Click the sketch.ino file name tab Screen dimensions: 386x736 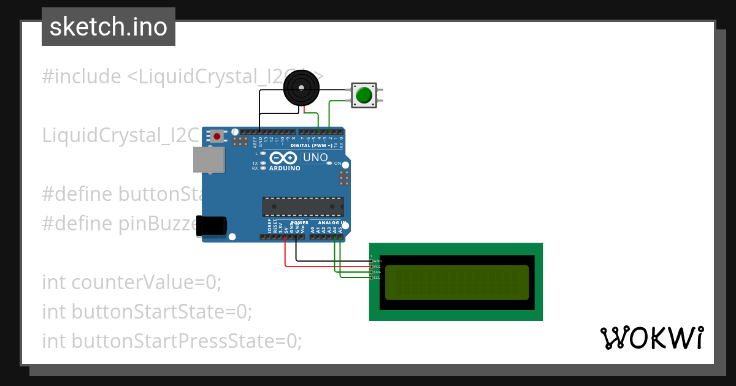point(108,27)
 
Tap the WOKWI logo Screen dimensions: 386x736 point(651,338)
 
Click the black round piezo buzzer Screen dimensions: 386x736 point(301,88)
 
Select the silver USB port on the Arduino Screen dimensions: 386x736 point(209,159)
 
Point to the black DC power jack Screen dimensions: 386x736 point(211,225)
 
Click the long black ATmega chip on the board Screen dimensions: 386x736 point(303,207)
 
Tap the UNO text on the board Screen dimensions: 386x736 point(316,157)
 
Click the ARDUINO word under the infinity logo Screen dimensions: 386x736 point(285,168)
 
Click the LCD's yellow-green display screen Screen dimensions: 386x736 point(457,282)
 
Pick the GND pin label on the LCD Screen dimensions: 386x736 point(377,261)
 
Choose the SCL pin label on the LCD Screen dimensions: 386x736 point(377,278)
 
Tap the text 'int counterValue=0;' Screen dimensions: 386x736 point(131,282)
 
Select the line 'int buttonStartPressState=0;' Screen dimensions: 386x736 point(172,340)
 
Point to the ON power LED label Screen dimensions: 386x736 point(337,163)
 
